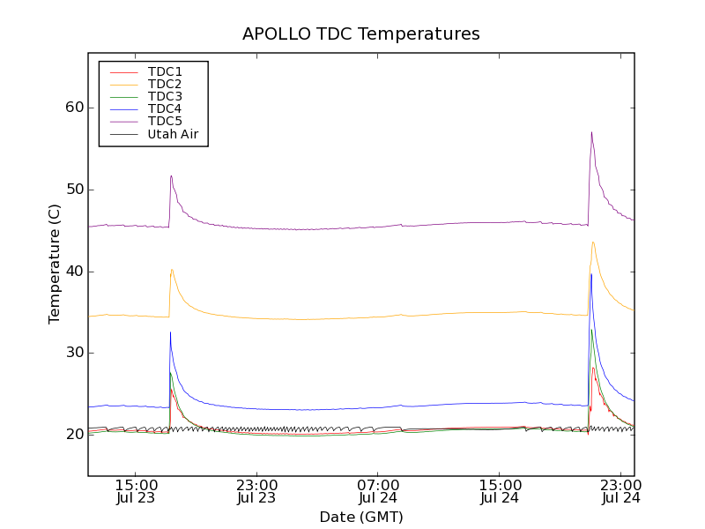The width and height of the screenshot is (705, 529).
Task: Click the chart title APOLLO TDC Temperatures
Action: click(x=361, y=34)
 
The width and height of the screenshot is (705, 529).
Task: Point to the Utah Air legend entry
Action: click(x=173, y=134)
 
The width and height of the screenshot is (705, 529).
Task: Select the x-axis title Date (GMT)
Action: click(x=361, y=517)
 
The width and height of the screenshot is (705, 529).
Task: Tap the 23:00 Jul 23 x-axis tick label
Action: click(x=256, y=491)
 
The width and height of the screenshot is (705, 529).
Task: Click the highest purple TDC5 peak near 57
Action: click(x=591, y=133)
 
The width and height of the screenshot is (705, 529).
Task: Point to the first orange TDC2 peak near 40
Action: click(x=172, y=270)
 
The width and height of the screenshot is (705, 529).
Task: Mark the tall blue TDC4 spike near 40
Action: click(x=590, y=275)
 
